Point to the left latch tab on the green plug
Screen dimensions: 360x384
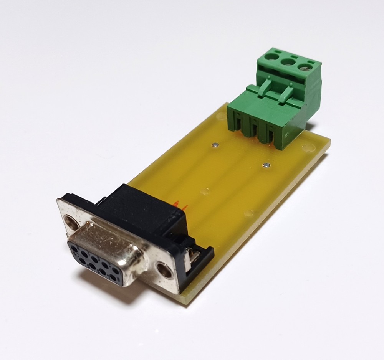[x=264, y=87]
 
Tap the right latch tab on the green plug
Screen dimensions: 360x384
[x=287, y=93]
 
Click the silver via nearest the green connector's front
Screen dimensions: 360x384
[x=265, y=165]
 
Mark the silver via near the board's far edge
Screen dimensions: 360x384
[x=215, y=145]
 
